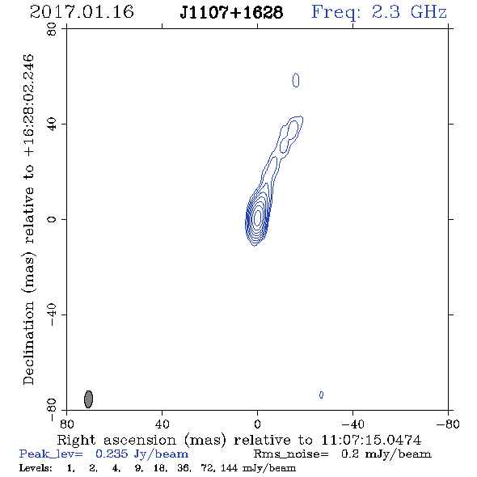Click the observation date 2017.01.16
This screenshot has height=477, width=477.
82,12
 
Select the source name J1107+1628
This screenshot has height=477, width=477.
231,13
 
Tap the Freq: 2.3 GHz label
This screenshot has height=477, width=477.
379,13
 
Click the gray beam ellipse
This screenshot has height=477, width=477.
88,399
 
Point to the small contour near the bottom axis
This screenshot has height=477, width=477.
321,395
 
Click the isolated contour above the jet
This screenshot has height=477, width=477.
296,80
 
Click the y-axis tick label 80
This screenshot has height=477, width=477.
52,29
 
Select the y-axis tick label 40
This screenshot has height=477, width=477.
52,125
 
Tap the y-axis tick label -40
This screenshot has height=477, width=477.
52,314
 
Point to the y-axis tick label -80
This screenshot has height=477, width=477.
52,410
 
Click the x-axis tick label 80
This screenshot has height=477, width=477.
66,424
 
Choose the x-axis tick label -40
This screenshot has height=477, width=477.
352,424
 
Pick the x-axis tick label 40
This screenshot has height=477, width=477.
163,424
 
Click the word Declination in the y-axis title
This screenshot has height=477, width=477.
28,343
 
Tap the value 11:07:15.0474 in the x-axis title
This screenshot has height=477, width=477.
371,440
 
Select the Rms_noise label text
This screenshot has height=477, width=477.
291,454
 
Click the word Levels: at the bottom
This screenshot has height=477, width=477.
36,467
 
